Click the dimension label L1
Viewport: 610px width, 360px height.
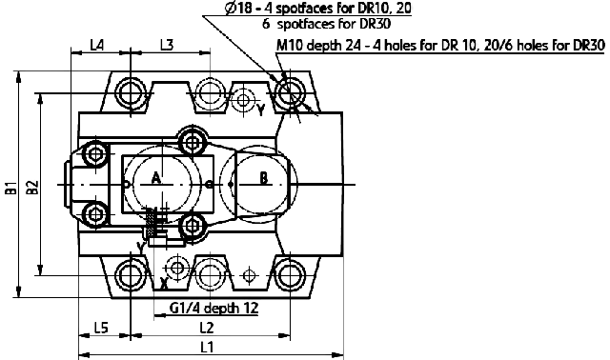tap(207, 347)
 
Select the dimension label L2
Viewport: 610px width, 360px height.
tap(207, 329)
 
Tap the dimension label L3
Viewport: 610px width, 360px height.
tap(167, 45)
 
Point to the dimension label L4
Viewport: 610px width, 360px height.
tap(97, 45)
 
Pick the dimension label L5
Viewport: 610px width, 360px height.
tap(101, 329)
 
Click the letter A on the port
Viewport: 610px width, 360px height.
tap(155, 179)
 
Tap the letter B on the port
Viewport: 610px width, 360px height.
tap(264, 179)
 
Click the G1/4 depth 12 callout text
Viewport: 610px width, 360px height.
tap(213, 308)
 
